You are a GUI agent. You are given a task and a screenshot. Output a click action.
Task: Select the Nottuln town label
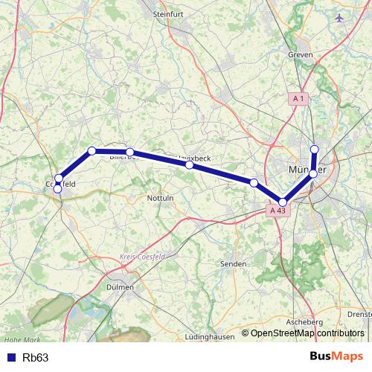pos(161,199)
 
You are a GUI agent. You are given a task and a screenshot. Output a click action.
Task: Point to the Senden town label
pos(234,263)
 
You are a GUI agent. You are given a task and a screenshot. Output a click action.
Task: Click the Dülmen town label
pos(120,286)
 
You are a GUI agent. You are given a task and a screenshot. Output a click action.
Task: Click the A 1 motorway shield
pos(299,98)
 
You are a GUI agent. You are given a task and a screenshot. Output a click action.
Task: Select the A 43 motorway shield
pos(278,211)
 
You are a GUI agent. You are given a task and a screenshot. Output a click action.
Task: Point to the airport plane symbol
pos(341,16)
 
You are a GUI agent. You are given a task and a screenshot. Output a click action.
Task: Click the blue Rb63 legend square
pos(10,358)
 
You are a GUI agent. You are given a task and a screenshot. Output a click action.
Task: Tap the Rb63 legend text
pos(36,358)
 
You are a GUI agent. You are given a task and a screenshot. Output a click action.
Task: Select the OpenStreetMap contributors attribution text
pos(307,333)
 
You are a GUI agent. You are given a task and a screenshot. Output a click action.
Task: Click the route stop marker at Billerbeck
pos(129,152)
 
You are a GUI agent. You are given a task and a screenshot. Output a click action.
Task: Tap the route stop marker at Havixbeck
pos(190,165)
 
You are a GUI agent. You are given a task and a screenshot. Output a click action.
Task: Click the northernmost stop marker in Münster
pos(315,149)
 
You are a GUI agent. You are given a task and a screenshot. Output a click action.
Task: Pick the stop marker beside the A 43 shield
pos(283,202)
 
